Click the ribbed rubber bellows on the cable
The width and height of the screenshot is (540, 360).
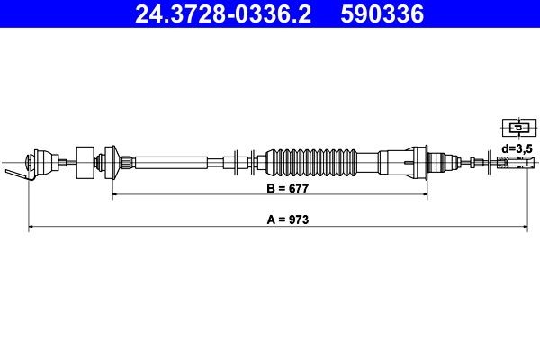(x=308, y=162)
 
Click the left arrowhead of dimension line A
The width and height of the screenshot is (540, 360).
(x=32, y=229)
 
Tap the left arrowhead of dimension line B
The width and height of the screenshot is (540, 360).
(x=115, y=193)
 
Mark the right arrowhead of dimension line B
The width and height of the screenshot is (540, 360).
(x=419, y=193)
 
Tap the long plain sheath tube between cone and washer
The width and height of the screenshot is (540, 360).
(x=180, y=162)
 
